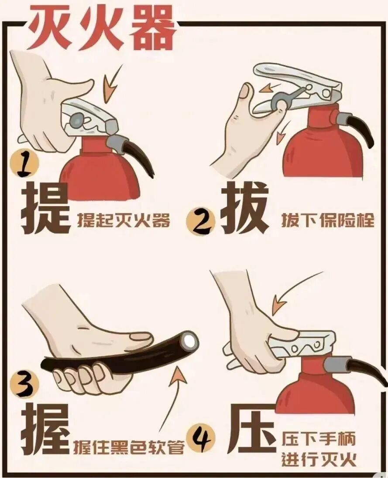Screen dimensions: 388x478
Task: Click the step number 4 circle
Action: click(x=201, y=438)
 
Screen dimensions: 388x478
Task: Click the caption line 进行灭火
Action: click(x=319, y=460)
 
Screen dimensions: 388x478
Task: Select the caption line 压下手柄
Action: click(x=319, y=440)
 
